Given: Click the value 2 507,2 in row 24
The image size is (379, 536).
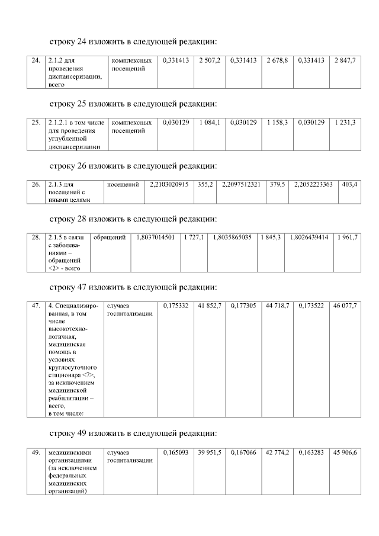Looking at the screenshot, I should [210, 61].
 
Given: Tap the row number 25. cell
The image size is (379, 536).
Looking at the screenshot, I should [35, 123].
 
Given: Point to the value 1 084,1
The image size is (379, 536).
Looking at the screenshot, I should [210, 123].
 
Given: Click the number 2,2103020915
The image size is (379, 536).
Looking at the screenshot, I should [169, 184].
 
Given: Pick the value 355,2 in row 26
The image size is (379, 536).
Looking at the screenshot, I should [205, 184].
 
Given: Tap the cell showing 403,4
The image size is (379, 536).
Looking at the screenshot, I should [349, 184].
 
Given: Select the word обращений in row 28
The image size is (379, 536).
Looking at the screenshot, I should [110, 237].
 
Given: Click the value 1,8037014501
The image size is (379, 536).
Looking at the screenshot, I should [155, 237].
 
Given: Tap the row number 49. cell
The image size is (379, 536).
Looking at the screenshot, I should [35, 452].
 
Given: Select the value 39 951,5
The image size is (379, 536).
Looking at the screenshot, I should [210, 452].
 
